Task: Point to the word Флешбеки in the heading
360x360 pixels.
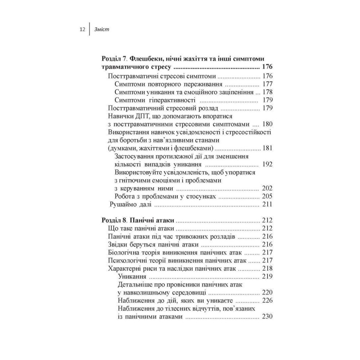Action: [148, 59]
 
